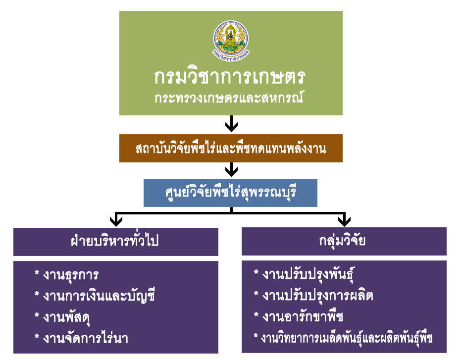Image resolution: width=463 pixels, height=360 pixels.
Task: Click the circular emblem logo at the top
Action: point(231,41)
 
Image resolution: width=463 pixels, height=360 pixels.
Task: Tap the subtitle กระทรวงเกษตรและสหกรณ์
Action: point(229,98)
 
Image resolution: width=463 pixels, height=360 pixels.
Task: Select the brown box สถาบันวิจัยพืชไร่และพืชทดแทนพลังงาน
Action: point(231,148)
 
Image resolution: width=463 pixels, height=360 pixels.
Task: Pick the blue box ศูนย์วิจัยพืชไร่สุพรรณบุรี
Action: point(230,193)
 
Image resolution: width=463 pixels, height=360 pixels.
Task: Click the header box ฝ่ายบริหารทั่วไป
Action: point(116,242)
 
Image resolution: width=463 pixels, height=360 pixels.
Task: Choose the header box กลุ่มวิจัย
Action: point(344,241)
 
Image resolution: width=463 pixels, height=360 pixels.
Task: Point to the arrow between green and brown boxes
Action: point(232,123)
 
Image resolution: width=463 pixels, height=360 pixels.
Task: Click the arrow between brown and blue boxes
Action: point(232,169)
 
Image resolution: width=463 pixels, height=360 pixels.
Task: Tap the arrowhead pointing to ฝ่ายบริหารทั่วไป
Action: point(116,221)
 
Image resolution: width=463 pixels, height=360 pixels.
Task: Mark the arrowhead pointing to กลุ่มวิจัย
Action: point(344,221)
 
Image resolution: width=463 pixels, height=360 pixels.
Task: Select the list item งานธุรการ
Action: point(71,275)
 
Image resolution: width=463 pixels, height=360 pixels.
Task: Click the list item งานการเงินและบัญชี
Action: point(99,296)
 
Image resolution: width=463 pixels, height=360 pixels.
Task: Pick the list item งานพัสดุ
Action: point(66,317)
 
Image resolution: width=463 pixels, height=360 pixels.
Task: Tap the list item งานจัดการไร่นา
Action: point(85,338)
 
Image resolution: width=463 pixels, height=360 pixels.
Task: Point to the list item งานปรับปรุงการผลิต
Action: point(318,296)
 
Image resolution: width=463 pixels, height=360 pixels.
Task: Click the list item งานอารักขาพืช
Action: point(303,316)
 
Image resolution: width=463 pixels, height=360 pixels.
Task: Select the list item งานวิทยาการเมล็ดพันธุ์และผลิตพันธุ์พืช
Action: point(347,338)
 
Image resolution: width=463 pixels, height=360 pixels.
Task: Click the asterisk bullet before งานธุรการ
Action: point(37,273)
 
